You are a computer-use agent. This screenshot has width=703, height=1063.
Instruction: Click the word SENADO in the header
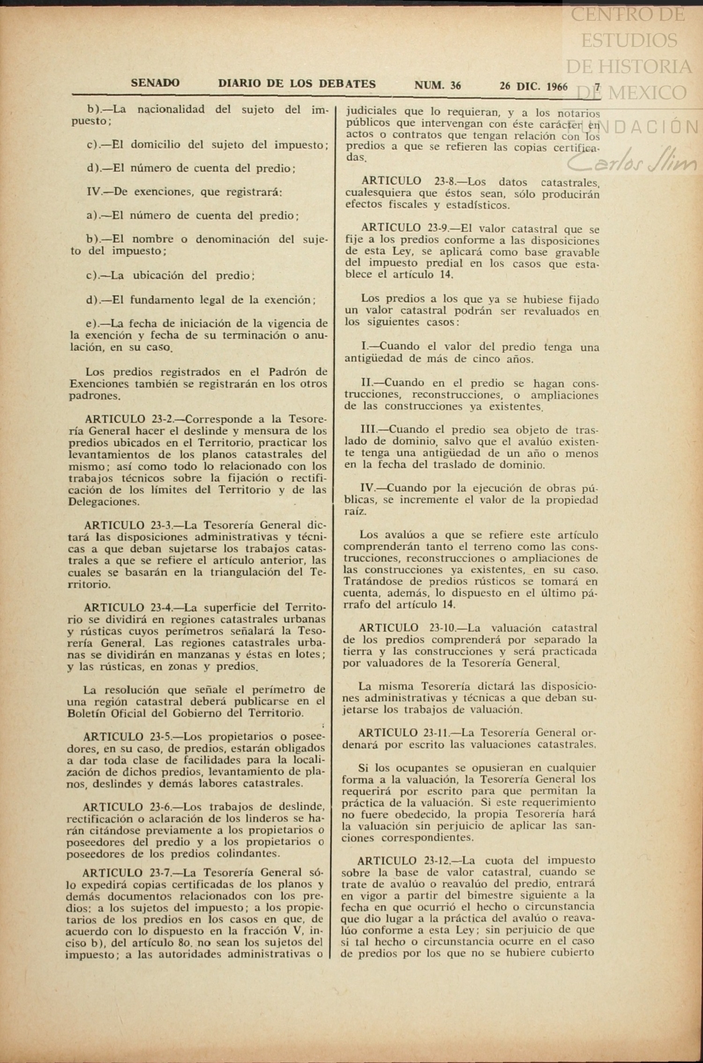click(x=155, y=83)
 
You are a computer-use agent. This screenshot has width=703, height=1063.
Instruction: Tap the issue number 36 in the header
click(x=455, y=85)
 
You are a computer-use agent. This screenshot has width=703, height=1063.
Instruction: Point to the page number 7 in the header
click(x=597, y=87)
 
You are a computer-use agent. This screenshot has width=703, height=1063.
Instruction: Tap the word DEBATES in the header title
click(x=347, y=84)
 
